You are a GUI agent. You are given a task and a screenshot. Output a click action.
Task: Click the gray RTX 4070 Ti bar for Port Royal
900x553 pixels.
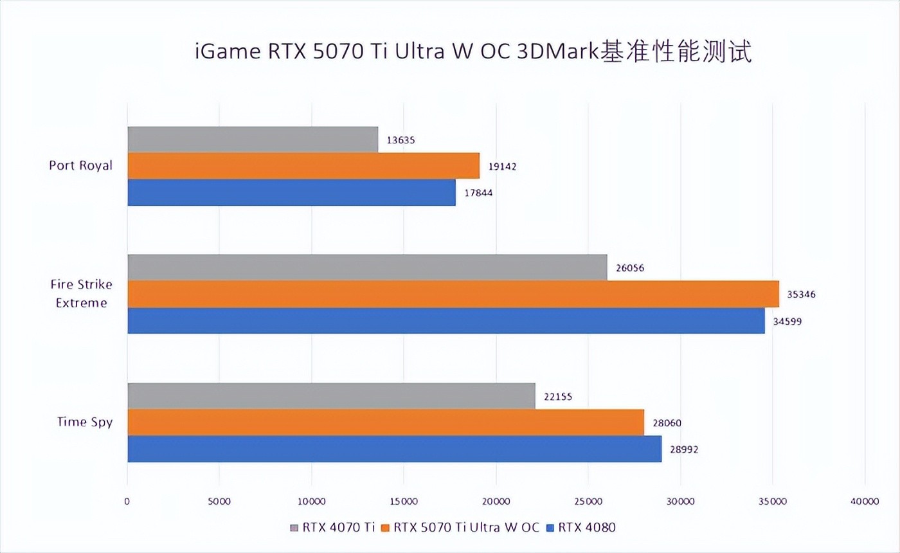(253, 140)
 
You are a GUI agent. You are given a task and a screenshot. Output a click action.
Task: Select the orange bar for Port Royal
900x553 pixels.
(303, 166)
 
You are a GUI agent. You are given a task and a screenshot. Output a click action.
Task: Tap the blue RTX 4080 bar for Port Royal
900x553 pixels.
(291, 192)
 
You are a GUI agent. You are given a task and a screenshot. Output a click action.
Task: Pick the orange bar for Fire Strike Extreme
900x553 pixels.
(453, 294)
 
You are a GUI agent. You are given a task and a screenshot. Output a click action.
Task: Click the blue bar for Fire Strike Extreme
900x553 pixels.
(446, 320)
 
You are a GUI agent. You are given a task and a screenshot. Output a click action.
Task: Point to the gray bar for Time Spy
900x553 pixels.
(331, 396)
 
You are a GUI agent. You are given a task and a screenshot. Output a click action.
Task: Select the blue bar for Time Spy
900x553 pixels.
(394, 449)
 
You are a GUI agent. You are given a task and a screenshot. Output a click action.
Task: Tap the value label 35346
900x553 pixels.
(802, 295)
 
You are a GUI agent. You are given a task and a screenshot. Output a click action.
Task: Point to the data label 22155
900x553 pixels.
(558, 397)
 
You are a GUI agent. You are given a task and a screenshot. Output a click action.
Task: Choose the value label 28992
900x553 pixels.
(684, 449)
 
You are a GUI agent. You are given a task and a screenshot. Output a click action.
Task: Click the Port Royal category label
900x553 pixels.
(80, 165)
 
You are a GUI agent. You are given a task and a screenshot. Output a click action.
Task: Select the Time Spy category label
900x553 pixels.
(85, 422)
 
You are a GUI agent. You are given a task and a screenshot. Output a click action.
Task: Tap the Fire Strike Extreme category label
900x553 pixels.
(81, 294)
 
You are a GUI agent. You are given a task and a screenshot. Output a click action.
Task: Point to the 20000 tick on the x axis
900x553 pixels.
(496, 501)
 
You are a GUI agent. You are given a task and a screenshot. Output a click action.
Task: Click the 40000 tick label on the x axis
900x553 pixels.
(864, 501)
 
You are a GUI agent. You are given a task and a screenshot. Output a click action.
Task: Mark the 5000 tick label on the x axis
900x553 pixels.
(219, 501)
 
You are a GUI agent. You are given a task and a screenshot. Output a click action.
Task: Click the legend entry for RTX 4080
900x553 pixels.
(580, 528)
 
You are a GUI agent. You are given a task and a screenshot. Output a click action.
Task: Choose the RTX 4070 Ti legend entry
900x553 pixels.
(332, 528)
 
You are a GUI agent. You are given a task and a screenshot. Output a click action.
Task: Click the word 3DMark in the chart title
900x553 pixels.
(557, 52)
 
